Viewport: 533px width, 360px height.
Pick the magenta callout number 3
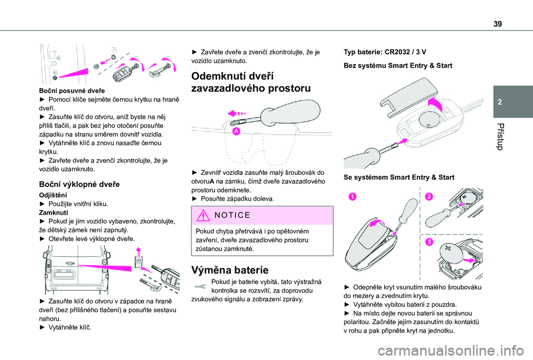(429, 241)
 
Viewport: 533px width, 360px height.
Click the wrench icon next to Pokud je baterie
(199, 285)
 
